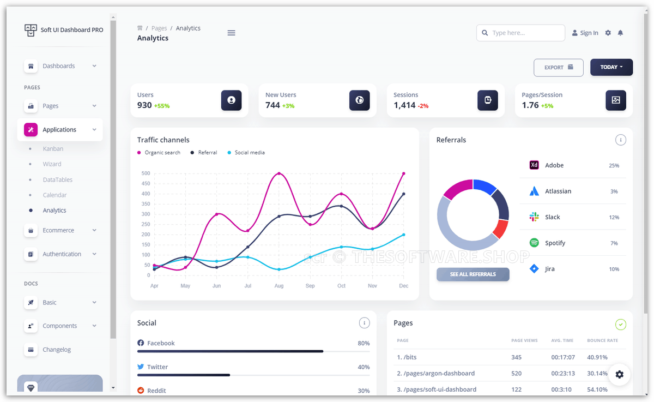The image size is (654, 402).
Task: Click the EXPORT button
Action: [558, 68]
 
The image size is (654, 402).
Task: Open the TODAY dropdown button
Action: [611, 68]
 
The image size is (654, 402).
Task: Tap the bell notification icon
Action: [620, 33]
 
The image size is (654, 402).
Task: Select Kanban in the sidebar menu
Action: [53, 148]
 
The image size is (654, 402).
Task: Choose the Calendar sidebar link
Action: [55, 195]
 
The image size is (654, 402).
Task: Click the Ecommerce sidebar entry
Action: [58, 230]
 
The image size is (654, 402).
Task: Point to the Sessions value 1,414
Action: [404, 105]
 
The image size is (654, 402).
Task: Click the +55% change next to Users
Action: [162, 106]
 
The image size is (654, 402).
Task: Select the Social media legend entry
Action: [249, 153]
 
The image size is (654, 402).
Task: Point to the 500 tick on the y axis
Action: [146, 173]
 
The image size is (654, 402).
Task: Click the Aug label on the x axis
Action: [279, 286]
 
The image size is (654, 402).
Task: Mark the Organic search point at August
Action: [279, 173]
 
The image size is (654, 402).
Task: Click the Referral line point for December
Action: [403, 194]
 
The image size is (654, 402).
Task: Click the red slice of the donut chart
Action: [500, 229]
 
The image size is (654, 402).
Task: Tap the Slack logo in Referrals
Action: [534, 217]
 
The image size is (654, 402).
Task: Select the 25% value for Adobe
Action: [614, 165]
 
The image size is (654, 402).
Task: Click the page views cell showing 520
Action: [516, 374]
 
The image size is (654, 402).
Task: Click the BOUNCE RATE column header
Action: [602, 340]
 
